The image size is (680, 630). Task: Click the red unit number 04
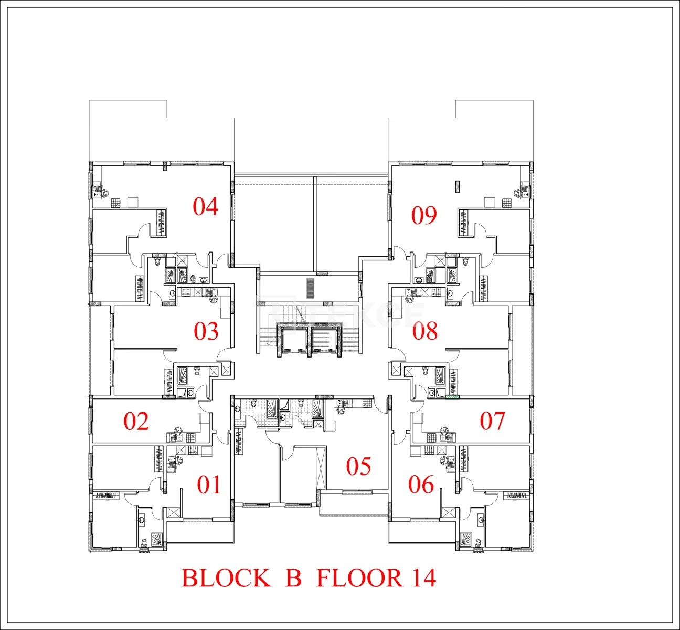tap(206, 206)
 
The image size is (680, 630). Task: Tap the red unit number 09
tap(424, 215)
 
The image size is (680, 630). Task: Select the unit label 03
tap(206, 331)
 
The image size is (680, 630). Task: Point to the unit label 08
tap(425, 331)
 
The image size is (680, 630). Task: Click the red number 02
tap(136, 421)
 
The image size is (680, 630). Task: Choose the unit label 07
tap(492, 421)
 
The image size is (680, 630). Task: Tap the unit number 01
tap(209, 485)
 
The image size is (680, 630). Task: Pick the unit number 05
tap(358, 466)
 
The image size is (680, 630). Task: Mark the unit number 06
tap(421, 485)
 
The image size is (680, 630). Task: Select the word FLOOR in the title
tap(359, 578)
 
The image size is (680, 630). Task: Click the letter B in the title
tap(293, 578)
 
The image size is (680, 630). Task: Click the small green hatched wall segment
tap(452, 397)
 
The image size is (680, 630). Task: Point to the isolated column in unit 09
tap(458, 187)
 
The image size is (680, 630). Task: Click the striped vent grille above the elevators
tap(311, 289)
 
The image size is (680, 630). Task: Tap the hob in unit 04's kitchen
tap(116, 203)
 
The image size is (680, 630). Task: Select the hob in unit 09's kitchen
tap(507, 203)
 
